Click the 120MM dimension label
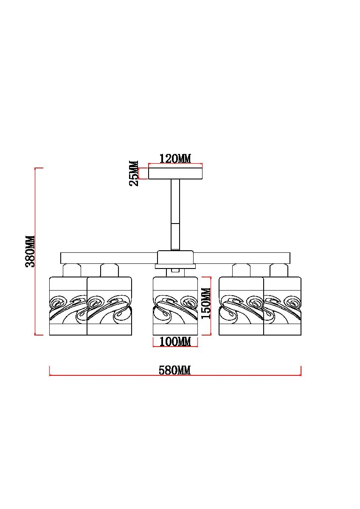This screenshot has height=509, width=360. pos(175,158)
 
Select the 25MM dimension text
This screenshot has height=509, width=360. pos(134,173)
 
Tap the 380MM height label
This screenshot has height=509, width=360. pos(30,251)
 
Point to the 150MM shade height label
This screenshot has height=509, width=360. pos(206,304)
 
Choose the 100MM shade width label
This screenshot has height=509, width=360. pos(175,341)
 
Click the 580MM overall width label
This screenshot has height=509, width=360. pos(174,370)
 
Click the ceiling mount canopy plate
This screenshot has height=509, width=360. pos(175,173)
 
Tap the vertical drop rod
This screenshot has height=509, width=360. pos(175,215)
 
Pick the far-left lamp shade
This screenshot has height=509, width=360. pos(68,306)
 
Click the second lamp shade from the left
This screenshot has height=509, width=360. pos(110,306)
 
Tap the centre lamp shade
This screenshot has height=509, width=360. pos(175,306)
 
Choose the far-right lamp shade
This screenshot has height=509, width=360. pos(282,306)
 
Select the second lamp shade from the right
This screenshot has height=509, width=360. pos(241,306)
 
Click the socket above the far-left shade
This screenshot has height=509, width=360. pos(72,270)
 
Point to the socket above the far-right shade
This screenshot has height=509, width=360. pos(279,270)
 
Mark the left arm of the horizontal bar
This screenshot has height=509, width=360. pos(109,258)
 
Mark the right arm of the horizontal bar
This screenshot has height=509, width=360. pos(242,258)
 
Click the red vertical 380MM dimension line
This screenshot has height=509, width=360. pos(35,251)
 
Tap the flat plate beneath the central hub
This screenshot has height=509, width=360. pos(175,266)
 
